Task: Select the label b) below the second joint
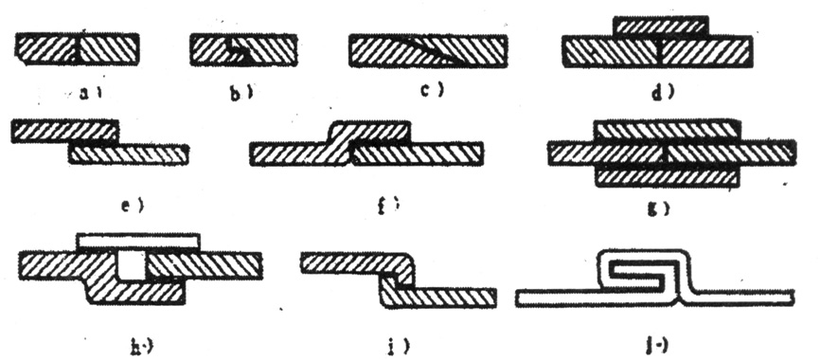pyautogui.click(x=245, y=92)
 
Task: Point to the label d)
pyautogui.click(x=663, y=92)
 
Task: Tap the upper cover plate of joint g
pyautogui.click(x=668, y=130)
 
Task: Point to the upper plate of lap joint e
pyautogui.click(x=64, y=132)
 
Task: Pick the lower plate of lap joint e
pyautogui.click(x=129, y=153)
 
